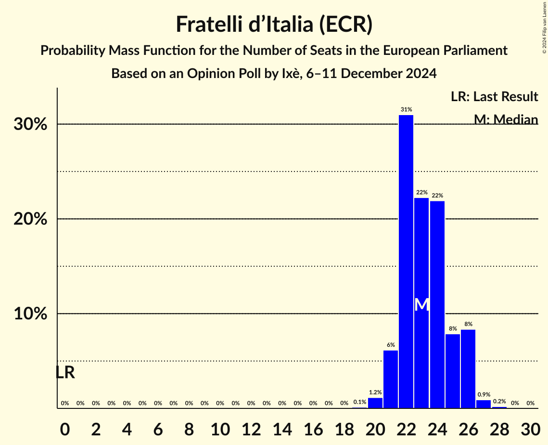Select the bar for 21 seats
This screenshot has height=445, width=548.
point(391,379)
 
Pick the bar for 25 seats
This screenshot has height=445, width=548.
point(453,371)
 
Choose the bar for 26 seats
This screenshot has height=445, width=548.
point(468,368)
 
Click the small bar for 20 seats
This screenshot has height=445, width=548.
point(375,403)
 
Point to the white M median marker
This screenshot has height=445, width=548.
point(421,304)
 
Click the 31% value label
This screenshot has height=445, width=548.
point(406,110)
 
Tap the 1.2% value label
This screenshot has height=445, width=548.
point(375,393)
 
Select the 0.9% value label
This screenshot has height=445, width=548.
point(484,395)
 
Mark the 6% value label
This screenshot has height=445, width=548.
point(391,345)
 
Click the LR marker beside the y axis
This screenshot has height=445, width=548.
point(65,373)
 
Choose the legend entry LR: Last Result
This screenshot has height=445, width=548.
point(494,97)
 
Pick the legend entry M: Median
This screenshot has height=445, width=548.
point(506,119)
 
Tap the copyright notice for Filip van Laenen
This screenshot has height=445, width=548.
point(544,26)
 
